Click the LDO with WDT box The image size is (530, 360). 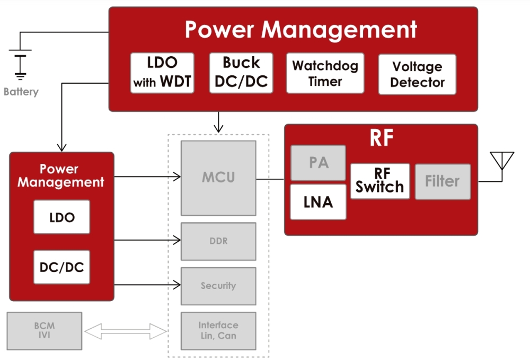pos(162,73)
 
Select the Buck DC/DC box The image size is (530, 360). pos(241,73)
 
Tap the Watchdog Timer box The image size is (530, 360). pos(325,73)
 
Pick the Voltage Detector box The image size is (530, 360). pos(417,74)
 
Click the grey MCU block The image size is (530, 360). pos(218,178)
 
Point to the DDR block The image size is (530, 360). pos(218,241)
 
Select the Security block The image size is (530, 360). pos(218,286)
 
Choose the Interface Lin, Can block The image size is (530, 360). pos(218,330)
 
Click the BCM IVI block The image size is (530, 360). pos(45,330)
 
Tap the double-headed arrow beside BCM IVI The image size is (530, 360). pos(126,332)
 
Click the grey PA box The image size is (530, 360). pos(318,163)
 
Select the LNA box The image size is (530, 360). pos(318,201)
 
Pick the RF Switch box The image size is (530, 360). pos(379,181)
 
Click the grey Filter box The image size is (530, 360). pos(443,181)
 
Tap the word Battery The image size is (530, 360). pos(21,92)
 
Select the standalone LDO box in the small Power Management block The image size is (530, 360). pos(61,217)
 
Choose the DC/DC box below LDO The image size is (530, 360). pos(61,267)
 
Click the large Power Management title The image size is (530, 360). pos(301,30)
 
